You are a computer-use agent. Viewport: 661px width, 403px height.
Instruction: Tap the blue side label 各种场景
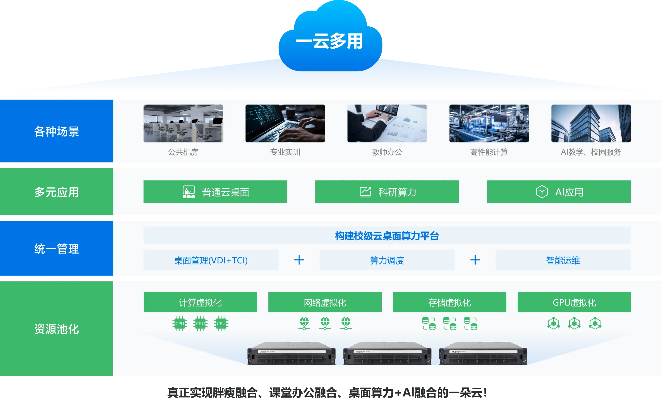57,131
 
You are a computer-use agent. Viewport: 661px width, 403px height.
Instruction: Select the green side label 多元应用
57,192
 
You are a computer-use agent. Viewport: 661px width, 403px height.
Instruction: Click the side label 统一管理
57,249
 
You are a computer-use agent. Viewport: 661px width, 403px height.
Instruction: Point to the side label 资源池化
57,329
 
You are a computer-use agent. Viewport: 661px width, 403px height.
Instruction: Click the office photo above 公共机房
183,123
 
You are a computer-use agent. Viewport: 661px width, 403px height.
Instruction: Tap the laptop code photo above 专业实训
285,123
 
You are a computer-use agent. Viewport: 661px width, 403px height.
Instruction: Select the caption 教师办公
387,152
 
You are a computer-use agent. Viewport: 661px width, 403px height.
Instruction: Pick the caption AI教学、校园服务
591,152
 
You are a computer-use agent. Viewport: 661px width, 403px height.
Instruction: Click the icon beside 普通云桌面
189,192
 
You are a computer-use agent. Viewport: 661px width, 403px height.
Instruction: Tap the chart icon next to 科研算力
365,192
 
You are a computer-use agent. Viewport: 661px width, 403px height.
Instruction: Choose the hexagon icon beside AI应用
542,192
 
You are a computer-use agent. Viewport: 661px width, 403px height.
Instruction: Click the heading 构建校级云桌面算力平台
387,236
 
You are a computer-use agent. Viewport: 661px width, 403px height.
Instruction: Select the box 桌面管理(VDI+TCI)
211,260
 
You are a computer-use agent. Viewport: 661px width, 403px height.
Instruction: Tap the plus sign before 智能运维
475,260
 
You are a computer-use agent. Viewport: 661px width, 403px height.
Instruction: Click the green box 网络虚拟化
325,302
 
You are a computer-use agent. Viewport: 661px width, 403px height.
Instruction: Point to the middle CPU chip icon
200,324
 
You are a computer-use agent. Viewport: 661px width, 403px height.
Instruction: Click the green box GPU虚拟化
574,302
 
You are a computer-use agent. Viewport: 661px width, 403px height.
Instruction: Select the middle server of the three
387,353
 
